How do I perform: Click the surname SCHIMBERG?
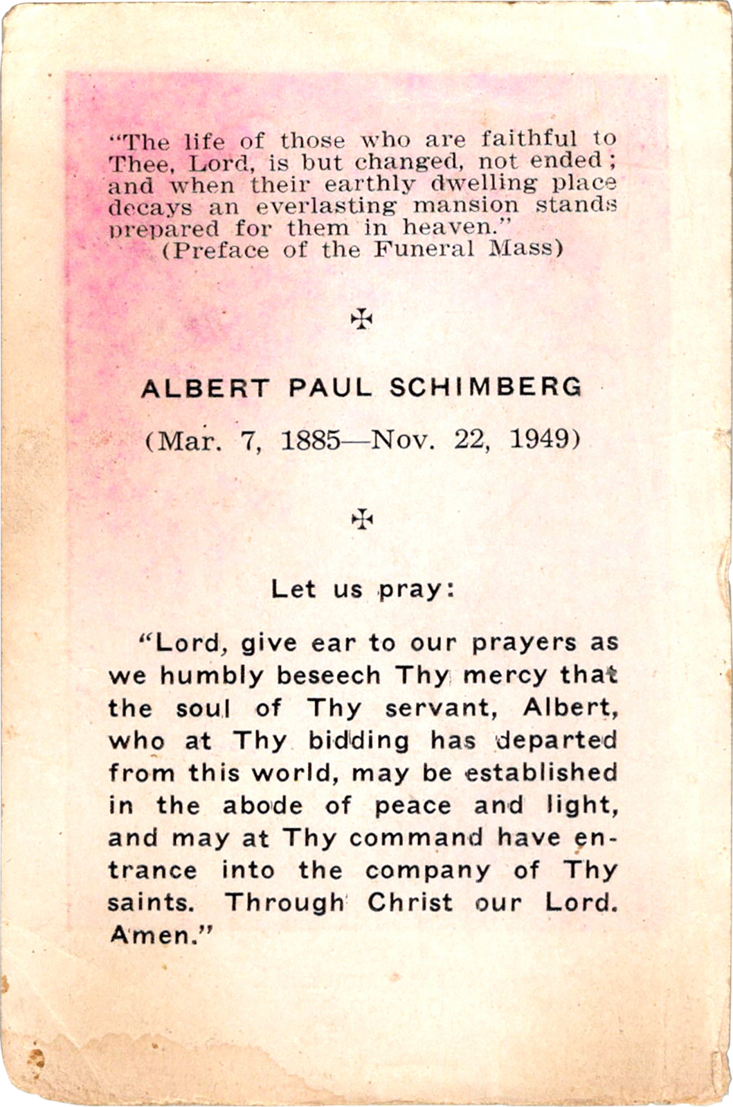[x=485, y=388]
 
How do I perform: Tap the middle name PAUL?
[x=329, y=388]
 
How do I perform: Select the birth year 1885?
[x=310, y=440]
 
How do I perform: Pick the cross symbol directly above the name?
[x=361, y=318]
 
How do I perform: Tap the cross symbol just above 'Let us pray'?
[x=361, y=519]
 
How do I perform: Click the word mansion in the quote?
[x=465, y=206]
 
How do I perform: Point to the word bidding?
[x=359, y=741]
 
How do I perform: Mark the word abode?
[x=262, y=806]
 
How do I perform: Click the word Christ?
[x=410, y=903]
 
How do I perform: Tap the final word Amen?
[x=159, y=935]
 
